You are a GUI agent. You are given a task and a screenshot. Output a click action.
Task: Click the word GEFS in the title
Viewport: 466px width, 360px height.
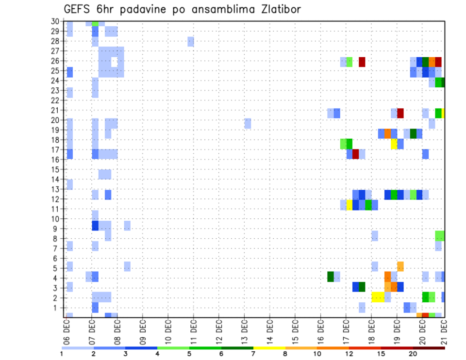77,10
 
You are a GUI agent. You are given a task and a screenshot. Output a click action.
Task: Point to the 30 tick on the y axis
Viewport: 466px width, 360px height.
55,21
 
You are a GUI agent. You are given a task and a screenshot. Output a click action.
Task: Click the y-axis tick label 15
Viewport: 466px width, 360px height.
55,169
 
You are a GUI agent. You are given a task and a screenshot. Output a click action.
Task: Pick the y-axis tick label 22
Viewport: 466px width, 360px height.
55,100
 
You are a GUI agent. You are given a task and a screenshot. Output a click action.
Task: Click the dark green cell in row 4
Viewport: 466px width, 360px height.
331,277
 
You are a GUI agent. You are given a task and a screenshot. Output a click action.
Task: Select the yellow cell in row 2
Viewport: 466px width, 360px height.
378,297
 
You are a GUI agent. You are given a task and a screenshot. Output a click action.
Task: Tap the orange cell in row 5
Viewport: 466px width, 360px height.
400,266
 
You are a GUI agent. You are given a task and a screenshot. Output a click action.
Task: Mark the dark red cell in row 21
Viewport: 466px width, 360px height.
400,114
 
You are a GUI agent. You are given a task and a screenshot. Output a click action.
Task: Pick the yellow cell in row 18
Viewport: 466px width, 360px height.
394,144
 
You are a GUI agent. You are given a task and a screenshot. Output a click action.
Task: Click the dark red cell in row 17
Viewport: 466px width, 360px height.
356,154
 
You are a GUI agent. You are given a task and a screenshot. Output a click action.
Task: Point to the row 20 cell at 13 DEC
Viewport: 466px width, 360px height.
248,123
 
